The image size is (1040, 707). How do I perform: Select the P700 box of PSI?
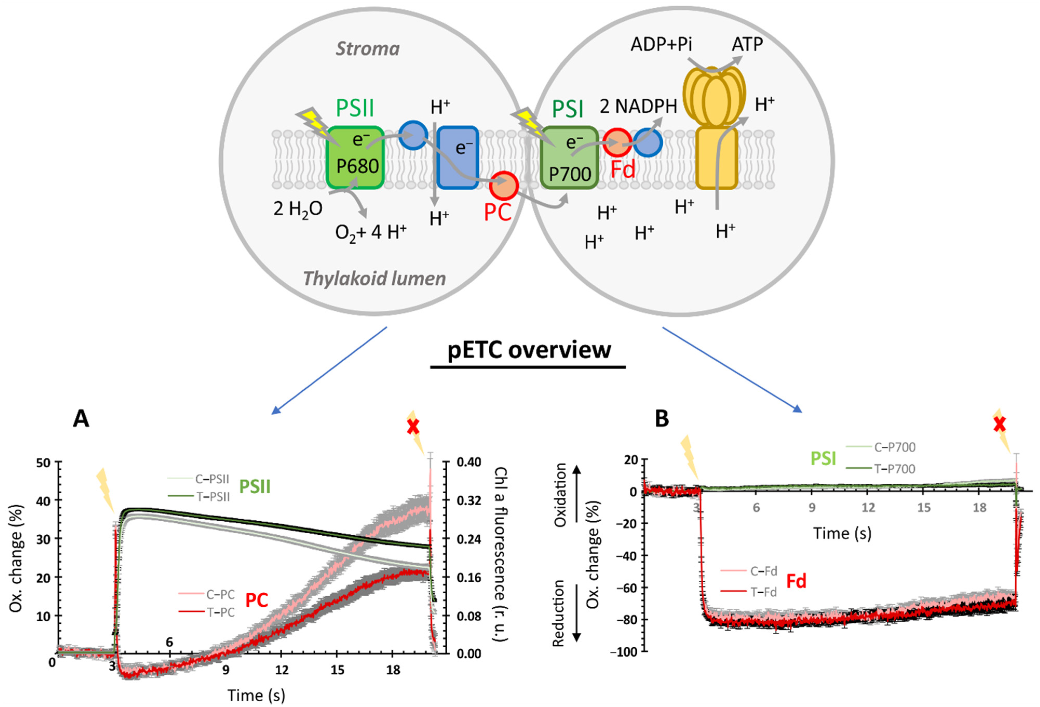[x=569, y=158]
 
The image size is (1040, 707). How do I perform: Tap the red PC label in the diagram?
[x=497, y=211]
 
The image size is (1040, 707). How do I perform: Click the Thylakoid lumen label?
[x=374, y=278]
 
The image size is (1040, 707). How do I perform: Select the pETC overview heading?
[x=529, y=350]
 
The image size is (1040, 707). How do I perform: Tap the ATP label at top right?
[x=747, y=44]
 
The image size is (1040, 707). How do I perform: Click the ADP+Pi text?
[x=661, y=44]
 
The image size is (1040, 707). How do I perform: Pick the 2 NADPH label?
[x=638, y=106]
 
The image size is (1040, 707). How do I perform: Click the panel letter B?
[x=661, y=419]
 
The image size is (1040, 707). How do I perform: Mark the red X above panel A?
[x=413, y=427]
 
